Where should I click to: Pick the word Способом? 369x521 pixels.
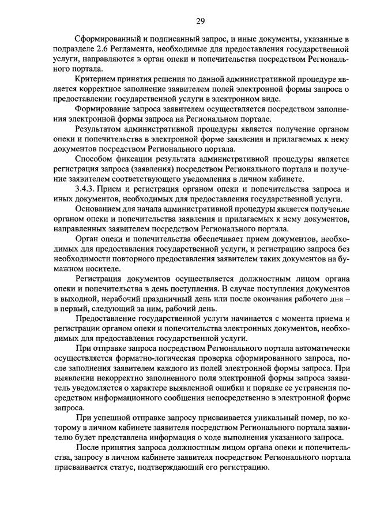[95, 159]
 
